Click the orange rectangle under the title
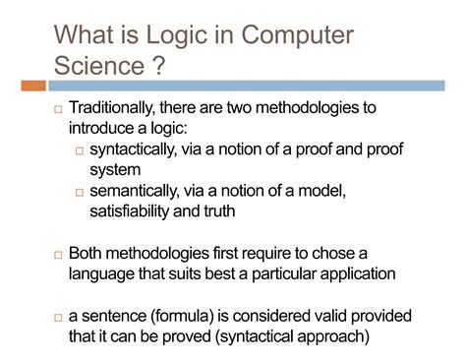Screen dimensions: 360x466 (x=30, y=86)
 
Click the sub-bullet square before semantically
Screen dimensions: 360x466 (x=80, y=193)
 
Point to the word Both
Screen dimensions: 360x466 (x=87, y=253)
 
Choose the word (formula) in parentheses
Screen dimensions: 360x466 (x=194, y=316)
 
